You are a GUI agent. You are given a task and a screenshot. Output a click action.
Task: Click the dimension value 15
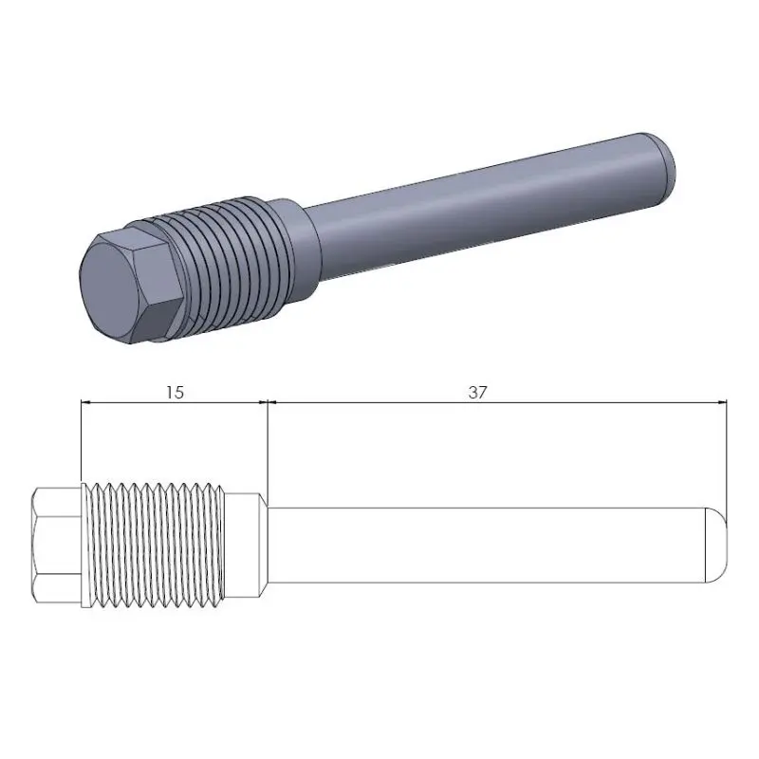pos(174,391)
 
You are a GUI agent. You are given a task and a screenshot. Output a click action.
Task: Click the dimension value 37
pos(477,391)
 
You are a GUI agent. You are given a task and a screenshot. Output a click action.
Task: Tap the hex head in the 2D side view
pos(57,546)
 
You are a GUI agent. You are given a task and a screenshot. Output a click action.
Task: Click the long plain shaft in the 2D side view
pos(484,546)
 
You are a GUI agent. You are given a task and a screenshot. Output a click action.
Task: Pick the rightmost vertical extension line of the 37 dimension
pos(728,455)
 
